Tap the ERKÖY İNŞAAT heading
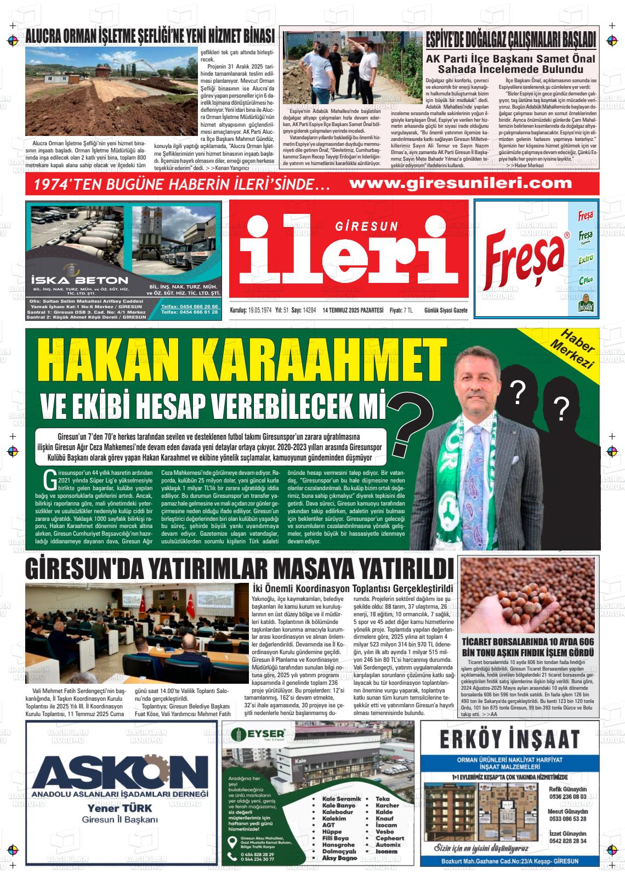click(510, 739)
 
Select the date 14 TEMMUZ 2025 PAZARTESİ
click(353, 310)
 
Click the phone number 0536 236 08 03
click(567, 797)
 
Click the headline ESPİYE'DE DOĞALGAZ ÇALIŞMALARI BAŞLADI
click(512, 40)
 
